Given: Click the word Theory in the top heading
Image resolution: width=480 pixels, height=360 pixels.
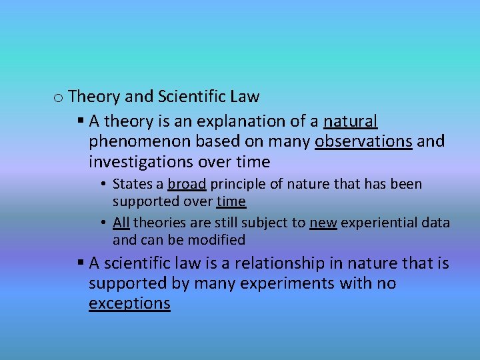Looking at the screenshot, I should tap(94, 97).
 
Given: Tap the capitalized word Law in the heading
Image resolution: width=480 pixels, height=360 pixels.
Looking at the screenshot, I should tap(245, 97).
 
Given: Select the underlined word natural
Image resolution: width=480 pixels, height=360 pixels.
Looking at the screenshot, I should tap(351, 121).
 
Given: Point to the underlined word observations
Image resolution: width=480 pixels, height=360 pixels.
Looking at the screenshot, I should tap(363, 141).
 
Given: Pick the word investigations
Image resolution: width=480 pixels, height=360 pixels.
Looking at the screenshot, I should tap(141, 162).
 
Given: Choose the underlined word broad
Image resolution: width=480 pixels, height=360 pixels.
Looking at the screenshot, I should tap(186, 184).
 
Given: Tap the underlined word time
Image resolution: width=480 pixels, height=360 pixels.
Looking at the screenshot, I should tap(231, 201).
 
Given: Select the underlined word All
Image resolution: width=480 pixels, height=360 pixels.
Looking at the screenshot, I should tap(121, 223).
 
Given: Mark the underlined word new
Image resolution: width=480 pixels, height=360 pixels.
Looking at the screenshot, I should tap(322, 223).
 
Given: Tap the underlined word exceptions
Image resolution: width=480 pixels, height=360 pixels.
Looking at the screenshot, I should tap(129, 304).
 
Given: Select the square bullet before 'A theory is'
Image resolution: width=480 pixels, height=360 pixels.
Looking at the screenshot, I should tap(80, 121).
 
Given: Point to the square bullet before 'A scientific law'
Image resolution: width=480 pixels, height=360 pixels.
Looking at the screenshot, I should tap(80, 264).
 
